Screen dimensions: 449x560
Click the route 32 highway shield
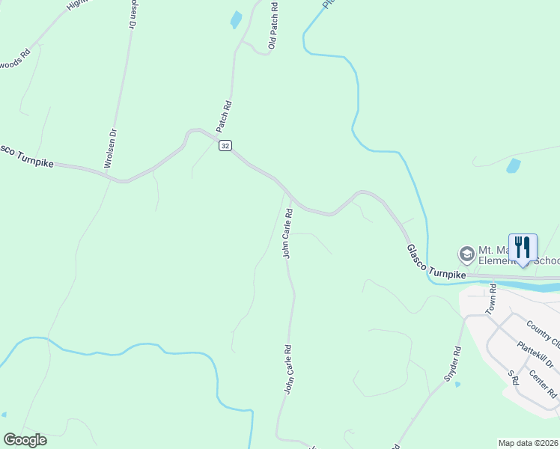click(x=225, y=146)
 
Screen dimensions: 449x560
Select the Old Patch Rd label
click(x=273, y=25)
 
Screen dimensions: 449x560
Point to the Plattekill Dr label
click(x=535, y=355)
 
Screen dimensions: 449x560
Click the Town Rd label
click(x=491, y=298)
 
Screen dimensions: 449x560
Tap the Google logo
click(x=25, y=440)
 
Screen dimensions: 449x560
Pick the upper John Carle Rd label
click(x=287, y=233)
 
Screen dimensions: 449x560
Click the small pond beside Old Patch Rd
click(x=237, y=19)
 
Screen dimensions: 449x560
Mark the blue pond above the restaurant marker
click(x=513, y=165)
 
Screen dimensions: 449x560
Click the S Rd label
click(x=513, y=376)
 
